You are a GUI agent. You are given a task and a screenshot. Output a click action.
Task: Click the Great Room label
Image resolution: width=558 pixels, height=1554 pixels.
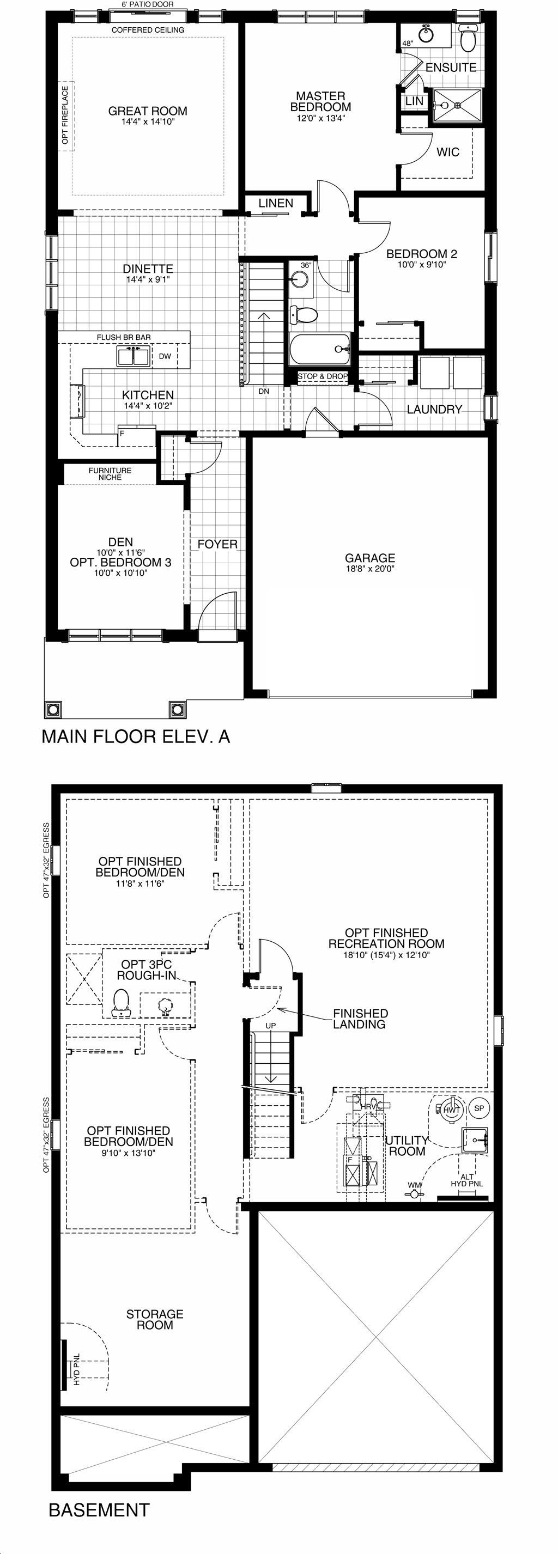point(148,111)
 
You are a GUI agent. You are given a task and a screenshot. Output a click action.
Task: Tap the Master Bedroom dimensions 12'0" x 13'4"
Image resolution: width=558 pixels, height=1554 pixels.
point(321,118)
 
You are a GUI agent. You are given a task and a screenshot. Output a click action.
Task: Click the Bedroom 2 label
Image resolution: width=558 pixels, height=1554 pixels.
point(422,254)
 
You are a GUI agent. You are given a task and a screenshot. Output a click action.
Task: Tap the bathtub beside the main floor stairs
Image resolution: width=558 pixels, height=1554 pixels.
point(320,350)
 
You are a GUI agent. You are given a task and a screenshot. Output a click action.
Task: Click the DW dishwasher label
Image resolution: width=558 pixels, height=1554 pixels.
point(165,356)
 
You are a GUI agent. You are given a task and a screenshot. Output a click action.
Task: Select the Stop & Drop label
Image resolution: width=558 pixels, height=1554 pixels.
point(323,376)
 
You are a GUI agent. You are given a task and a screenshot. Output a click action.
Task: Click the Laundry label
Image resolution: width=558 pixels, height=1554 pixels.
point(434,409)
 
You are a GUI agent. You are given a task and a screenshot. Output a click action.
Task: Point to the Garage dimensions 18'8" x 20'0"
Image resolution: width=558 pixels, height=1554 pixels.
point(371,568)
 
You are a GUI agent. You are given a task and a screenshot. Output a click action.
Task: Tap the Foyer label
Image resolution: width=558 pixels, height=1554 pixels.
point(218,544)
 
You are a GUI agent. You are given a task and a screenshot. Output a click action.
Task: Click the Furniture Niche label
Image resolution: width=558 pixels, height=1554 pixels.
point(110,473)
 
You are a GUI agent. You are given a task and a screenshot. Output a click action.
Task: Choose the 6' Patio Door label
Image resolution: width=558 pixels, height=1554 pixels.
point(148,5)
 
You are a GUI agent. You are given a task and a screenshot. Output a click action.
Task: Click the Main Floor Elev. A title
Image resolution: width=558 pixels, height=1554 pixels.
point(136,736)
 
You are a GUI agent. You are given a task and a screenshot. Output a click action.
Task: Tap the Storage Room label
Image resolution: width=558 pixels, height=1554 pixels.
point(155,1319)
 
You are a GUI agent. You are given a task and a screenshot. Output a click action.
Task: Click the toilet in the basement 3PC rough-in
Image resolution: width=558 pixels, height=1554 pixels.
point(122,1003)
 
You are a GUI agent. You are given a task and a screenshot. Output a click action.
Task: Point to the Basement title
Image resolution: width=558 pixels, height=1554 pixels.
point(99,1510)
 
